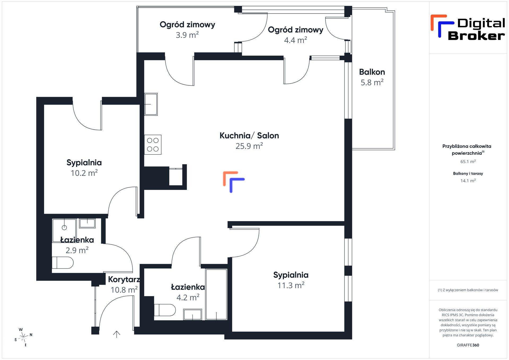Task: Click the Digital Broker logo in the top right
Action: coord(468,28)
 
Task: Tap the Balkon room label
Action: coord(372,72)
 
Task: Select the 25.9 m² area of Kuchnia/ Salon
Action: coord(249,146)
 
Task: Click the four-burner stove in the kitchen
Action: coord(153,144)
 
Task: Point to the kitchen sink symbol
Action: coord(151,104)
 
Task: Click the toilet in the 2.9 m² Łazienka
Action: coord(63,262)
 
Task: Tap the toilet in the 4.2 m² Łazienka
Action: coord(165,310)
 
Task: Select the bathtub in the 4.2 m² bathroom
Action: coord(216,294)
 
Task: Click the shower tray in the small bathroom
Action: coord(64,227)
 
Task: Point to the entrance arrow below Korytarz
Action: coord(117,334)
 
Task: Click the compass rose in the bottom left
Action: coord(24,337)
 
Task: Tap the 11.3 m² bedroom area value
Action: coord(291,285)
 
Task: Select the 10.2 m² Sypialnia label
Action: coord(84,163)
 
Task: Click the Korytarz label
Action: coord(124,279)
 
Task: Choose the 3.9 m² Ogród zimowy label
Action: coord(187,25)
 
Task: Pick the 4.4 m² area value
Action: coord(296,40)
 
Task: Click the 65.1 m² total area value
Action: coord(468,161)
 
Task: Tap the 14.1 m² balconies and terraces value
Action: coord(468,181)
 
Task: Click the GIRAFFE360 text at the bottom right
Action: coord(468,345)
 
